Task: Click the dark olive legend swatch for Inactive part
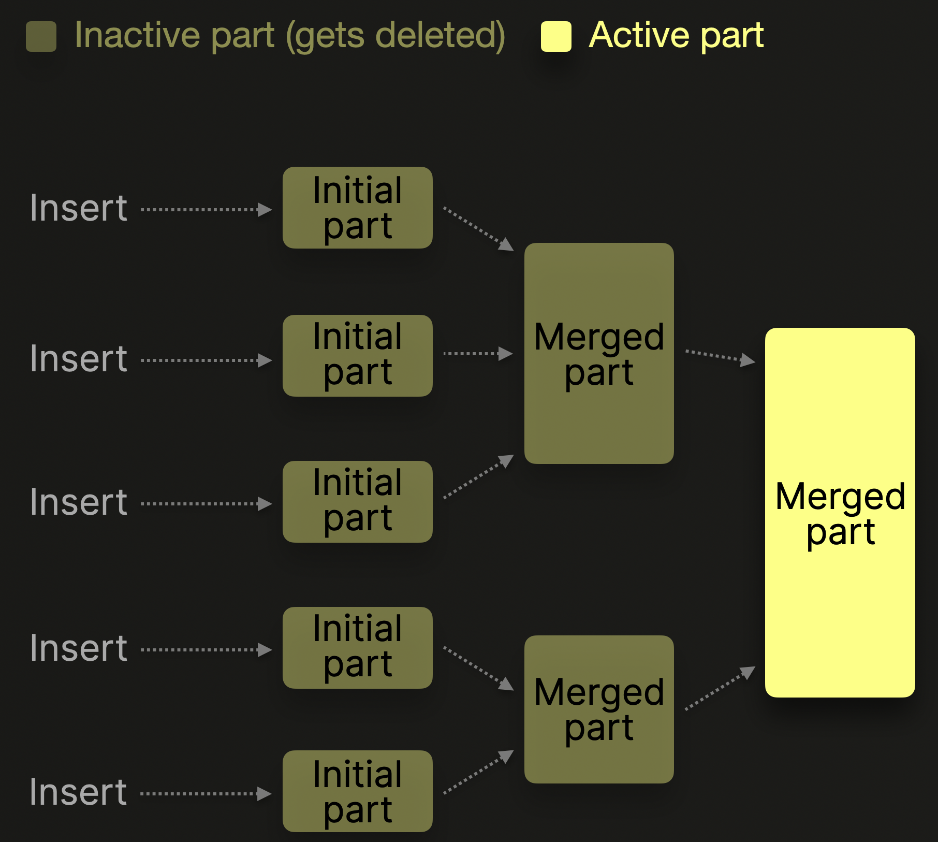point(41,37)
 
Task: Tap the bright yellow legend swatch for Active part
point(556,37)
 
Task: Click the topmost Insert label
point(78,208)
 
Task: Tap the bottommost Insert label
point(78,792)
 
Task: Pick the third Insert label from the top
point(78,502)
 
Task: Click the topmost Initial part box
point(357,208)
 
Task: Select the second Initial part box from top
point(357,356)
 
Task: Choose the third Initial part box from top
point(357,502)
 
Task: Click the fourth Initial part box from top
point(357,648)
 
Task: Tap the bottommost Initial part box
point(357,791)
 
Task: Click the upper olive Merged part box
point(599,353)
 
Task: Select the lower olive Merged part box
point(599,709)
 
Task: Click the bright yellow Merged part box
point(840,513)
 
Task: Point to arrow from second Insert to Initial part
point(206,360)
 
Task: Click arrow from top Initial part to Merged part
point(478,228)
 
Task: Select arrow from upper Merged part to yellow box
point(720,356)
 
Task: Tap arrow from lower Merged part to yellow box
point(720,688)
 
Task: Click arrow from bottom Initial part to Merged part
point(478,772)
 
